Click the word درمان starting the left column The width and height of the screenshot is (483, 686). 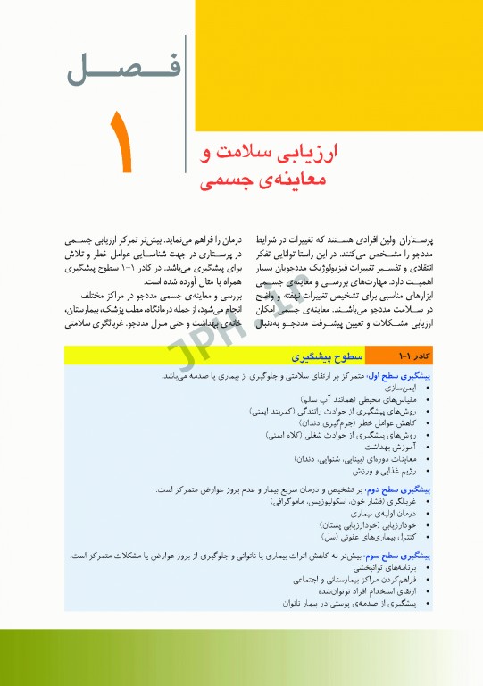point(218,242)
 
